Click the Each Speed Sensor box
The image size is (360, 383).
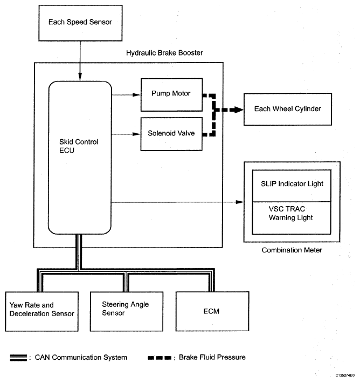(x=80, y=23)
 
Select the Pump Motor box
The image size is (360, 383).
(x=171, y=95)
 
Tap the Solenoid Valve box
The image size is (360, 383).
(x=171, y=134)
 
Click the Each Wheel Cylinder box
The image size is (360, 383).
(x=288, y=109)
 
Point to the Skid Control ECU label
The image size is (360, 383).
(x=79, y=146)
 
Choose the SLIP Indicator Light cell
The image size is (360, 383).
(x=292, y=186)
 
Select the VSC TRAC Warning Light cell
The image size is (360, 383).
(x=292, y=218)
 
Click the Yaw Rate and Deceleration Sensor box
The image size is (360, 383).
(x=41, y=311)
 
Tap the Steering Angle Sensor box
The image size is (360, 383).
(x=127, y=311)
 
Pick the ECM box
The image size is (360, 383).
(x=212, y=311)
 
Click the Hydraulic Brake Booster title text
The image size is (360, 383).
(x=164, y=53)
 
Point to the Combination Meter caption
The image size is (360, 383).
(x=292, y=250)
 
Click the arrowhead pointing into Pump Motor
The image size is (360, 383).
(x=137, y=95)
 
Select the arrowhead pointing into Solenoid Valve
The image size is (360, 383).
(x=137, y=134)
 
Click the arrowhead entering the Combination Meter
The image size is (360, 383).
(x=240, y=202)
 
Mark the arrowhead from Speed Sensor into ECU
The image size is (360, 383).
(x=80, y=77)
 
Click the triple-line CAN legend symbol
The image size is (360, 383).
(x=18, y=358)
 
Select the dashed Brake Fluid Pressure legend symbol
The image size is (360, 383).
(x=160, y=358)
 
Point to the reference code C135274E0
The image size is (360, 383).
(x=345, y=375)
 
